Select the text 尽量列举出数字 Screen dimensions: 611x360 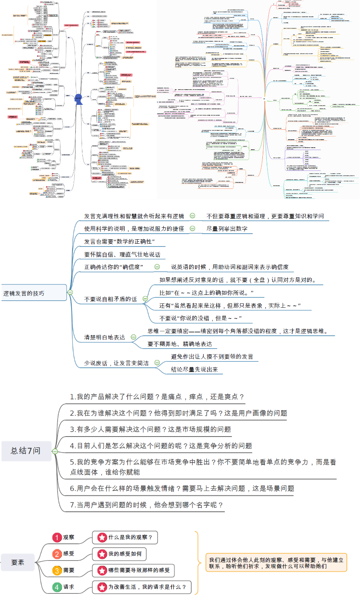click(x=227, y=229)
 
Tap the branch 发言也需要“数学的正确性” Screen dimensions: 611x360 click(x=119, y=242)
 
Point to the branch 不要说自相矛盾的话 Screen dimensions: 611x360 click(x=110, y=299)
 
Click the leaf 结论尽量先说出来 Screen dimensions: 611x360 click(x=194, y=370)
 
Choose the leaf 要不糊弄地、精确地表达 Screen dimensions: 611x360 click(x=180, y=344)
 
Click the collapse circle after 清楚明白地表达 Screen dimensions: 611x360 click(x=134, y=337)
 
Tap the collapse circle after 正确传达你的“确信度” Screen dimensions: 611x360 click(x=157, y=267)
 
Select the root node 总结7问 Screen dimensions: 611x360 click(x=26, y=451)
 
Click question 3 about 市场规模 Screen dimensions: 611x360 click(x=150, y=429)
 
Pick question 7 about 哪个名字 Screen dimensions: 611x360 click(x=146, y=505)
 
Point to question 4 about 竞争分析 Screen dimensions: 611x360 click(x=161, y=446)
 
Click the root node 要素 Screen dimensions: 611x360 click(x=18, y=563)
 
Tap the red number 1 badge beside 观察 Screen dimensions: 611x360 click(x=57, y=537)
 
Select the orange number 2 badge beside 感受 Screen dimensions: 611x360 click(x=57, y=554)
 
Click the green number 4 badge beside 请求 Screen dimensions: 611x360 click(x=57, y=587)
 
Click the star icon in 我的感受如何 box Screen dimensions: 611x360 click(x=102, y=554)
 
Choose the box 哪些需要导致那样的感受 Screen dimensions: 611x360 click(x=134, y=571)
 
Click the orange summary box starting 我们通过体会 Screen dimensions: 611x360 click(x=276, y=563)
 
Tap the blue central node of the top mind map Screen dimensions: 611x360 click(x=78, y=98)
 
